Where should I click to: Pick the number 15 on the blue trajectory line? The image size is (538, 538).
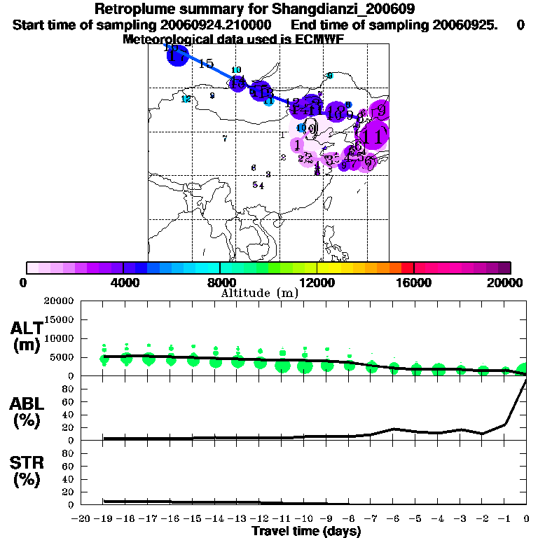pos(206,64)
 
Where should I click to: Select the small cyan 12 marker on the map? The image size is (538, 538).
pos(186,99)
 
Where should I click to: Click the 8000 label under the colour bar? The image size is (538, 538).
pos(219,282)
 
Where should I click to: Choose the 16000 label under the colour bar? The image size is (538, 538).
pos(413,282)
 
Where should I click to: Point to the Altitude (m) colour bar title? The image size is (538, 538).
pos(259,293)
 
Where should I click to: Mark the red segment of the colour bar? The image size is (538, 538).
pos(407,268)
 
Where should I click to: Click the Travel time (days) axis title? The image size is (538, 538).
pos(306,531)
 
